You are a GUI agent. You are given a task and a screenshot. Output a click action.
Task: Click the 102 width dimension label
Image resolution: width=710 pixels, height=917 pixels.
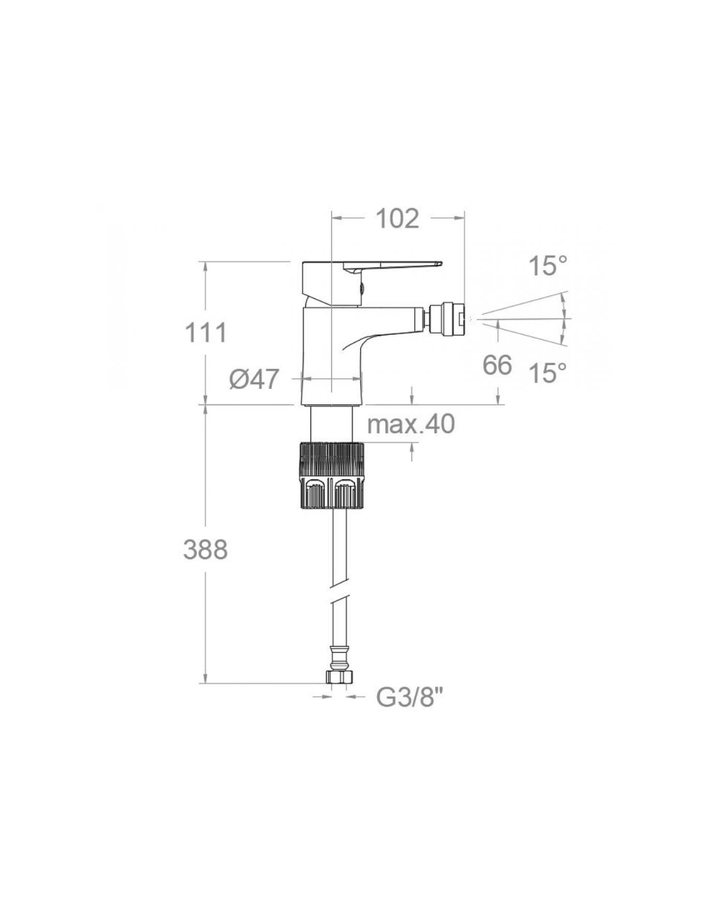coord(397,219)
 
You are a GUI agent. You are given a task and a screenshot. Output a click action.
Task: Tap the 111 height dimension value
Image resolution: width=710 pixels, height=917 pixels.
coord(206,333)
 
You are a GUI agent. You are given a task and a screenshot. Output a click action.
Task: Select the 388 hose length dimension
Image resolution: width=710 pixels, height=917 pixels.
coord(206,550)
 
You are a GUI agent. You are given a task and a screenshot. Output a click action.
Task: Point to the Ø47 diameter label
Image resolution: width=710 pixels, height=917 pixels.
coord(254,379)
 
